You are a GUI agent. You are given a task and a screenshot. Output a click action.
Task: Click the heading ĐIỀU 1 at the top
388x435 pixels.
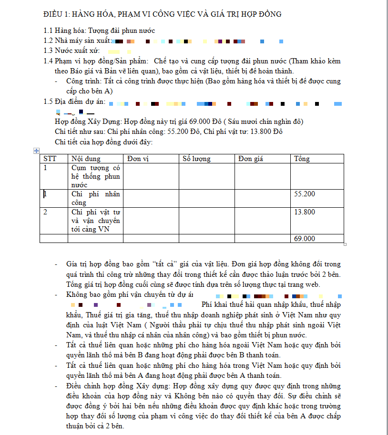(x=162, y=14)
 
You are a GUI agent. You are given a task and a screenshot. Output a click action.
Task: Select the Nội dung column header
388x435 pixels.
(x=86, y=159)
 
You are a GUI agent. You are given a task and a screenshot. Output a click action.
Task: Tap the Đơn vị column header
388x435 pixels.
(x=138, y=159)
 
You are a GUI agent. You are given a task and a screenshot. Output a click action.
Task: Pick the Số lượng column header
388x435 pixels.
(x=196, y=159)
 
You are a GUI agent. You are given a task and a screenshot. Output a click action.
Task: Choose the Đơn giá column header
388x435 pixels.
(x=251, y=159)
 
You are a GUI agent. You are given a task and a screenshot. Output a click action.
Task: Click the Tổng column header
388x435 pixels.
(x=302, y=159)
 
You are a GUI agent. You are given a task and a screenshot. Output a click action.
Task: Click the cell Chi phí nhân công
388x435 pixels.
(x=95, y=198)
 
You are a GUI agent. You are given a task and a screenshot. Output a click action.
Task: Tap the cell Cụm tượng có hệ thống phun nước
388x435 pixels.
(x=95, y=176)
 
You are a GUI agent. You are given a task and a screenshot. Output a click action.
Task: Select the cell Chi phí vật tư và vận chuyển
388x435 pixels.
(x=95, y=221)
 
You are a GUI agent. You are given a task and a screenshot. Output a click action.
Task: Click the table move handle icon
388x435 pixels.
(x=36, y=151)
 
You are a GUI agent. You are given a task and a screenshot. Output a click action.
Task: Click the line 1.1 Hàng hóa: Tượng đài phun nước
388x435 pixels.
(x=99, y=31)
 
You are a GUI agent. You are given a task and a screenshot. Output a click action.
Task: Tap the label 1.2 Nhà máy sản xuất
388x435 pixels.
(x=77, y=41)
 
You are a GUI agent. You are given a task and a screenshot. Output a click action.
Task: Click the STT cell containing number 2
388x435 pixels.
(x=45, y=212)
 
